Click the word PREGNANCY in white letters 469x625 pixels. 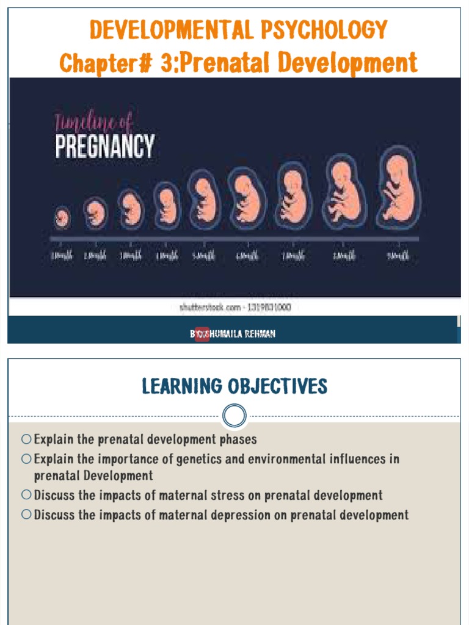(105, 147)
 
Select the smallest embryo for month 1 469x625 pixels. (62, 217)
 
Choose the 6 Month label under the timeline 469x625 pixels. (247, 256)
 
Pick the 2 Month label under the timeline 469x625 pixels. (95, 256)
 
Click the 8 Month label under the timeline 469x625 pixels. (344, 256)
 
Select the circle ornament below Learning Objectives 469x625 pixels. (234, 416)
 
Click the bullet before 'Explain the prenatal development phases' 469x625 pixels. (26, 439)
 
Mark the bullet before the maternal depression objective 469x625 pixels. (26, 515)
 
